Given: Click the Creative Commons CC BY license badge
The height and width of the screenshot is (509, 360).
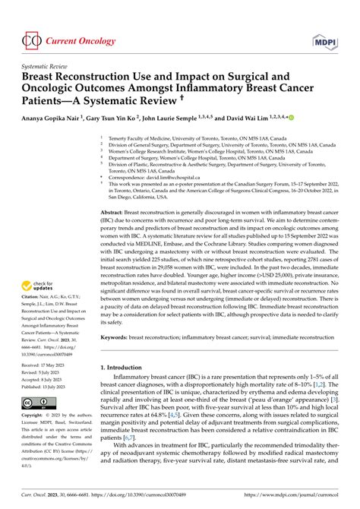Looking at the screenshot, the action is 37,403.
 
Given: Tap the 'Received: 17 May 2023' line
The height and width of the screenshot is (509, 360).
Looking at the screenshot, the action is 50,363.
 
